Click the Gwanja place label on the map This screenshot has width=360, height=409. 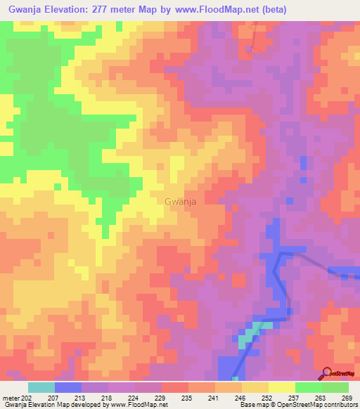179,202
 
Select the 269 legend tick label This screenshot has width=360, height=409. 347,398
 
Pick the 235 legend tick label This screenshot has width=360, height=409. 186,398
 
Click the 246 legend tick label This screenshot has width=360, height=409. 239,398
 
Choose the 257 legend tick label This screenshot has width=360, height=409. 293,398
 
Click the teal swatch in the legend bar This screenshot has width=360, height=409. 41,387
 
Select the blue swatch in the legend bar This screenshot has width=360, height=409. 68,387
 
